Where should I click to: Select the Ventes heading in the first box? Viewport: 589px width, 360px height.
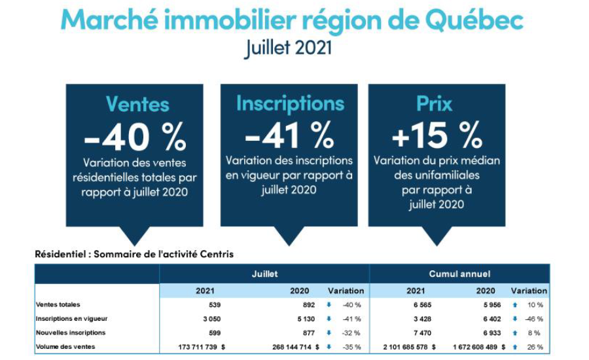(137, 104)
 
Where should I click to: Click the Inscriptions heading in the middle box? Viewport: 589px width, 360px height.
(290, 103)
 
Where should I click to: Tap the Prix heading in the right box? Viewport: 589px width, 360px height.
(434, 103)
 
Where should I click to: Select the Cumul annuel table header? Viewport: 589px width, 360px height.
(459, 274)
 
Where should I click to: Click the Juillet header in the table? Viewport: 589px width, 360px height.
(264, 274)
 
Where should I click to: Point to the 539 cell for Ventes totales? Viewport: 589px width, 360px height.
(214, 304)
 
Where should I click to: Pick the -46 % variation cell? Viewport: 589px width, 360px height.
(534, 319)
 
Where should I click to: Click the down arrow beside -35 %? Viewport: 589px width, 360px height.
(329, 346)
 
